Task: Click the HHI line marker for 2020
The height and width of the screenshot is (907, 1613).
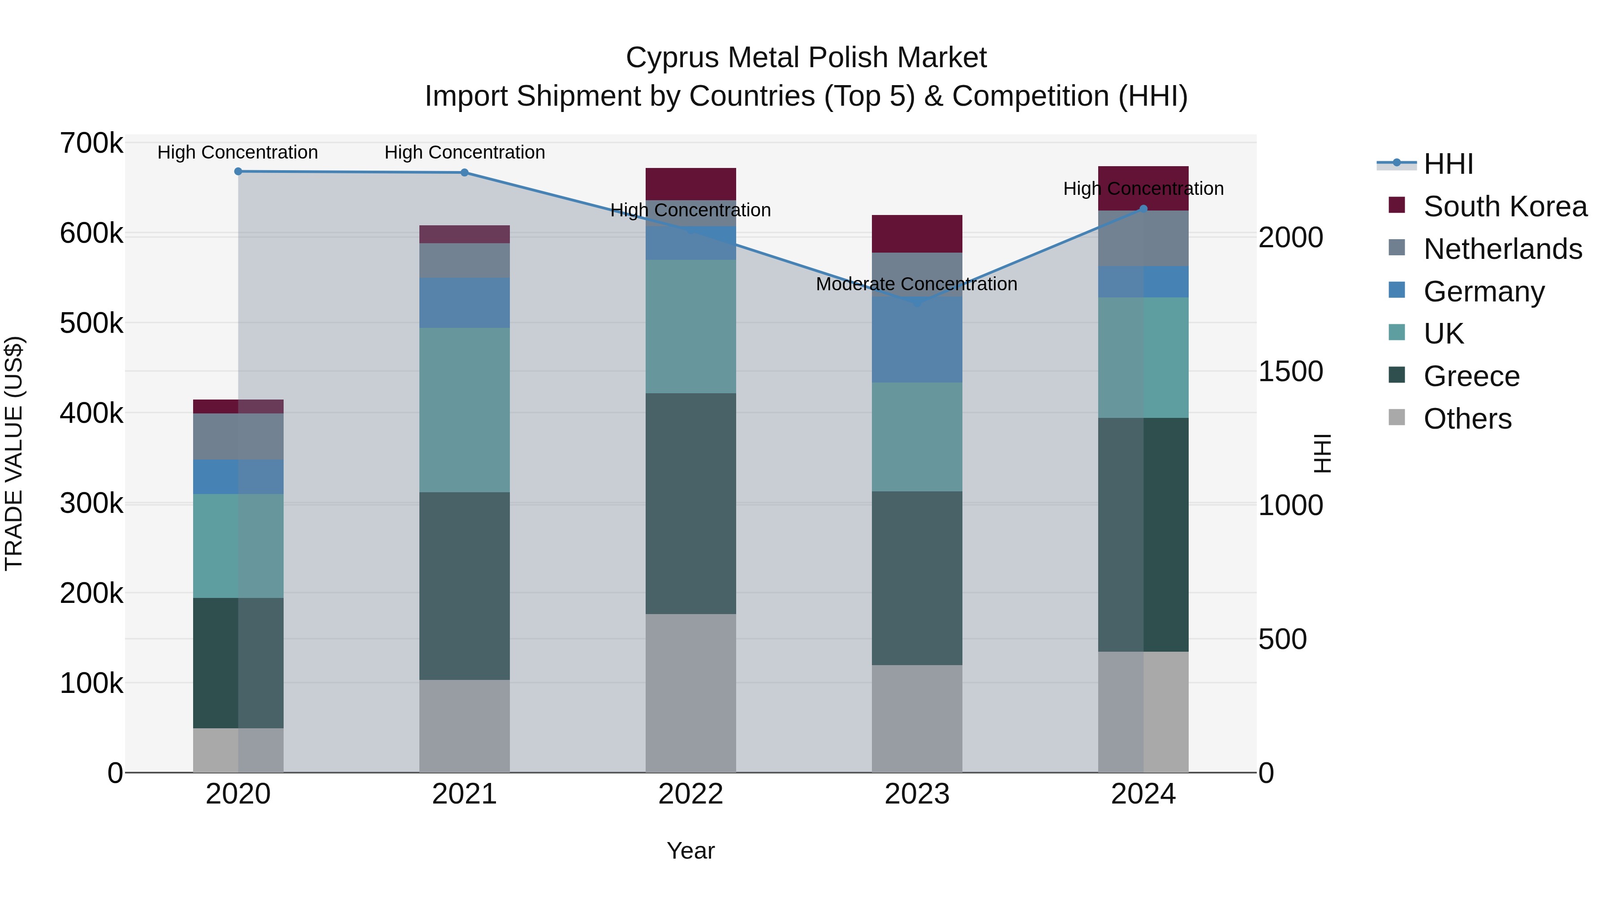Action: click(238, 172)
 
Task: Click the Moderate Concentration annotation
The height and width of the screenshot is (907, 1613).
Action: click(916, 284)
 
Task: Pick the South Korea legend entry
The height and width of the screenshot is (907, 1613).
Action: click(1505, 206)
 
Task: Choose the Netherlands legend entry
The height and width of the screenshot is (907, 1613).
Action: click(1502, 249)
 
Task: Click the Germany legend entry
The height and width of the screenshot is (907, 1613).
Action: click(1484, 292)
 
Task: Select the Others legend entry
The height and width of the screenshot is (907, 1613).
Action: click(1467, 419)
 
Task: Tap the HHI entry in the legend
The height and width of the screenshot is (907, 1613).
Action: click(1448, 164)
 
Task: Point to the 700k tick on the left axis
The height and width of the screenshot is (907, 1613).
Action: click(91, 143)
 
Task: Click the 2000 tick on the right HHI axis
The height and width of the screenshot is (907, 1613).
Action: click(1290, 238)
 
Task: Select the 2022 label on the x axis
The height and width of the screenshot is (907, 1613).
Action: click(690, 794)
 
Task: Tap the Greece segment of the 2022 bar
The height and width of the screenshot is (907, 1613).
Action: click(690, 503)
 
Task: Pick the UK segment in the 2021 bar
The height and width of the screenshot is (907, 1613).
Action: click(465, 410)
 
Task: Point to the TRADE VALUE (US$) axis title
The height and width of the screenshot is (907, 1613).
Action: click(14, 453)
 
